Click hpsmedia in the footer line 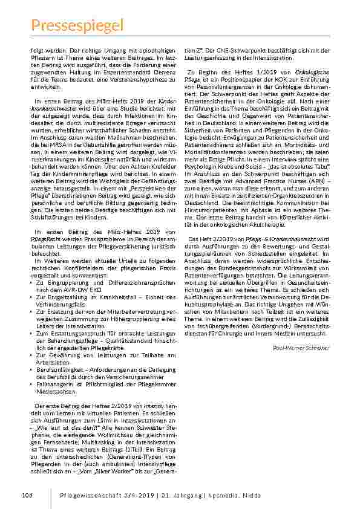[x=290, y=496]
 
